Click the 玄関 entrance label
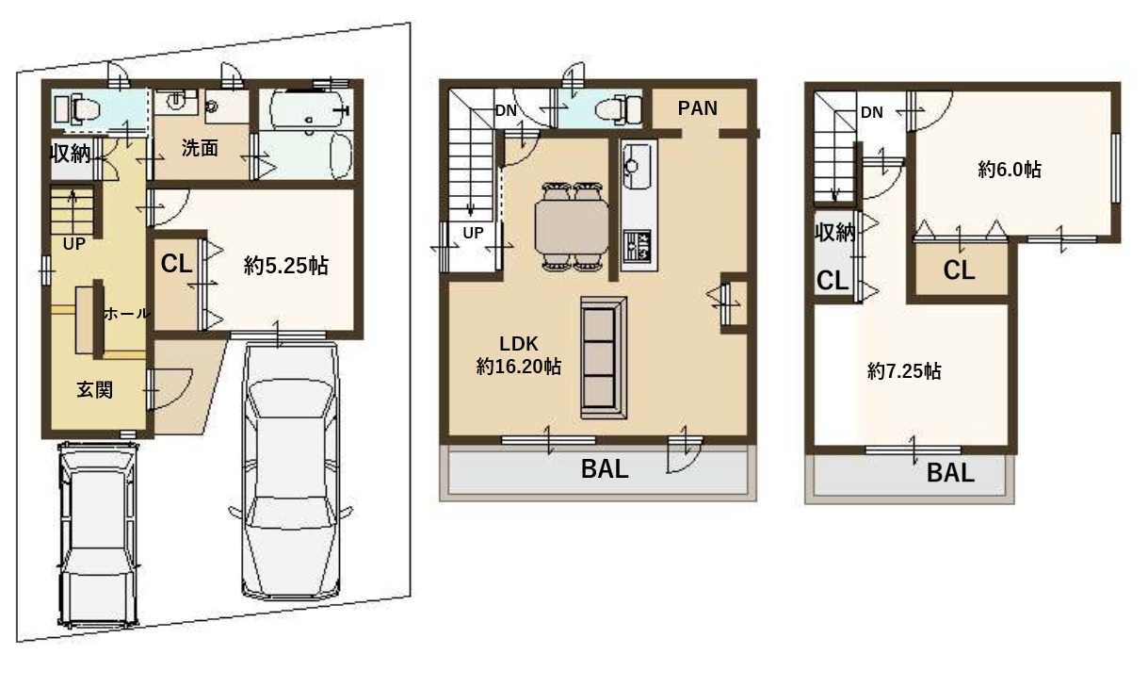coord(95,389)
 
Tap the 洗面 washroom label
coord(200,148)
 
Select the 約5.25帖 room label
coord(286,266)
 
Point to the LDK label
coord(519,343)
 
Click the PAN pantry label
coord(698,107)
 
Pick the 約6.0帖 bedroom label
coord(1010,170)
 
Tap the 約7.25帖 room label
coord(904,370)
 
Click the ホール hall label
coord(126,313)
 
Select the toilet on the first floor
coord(77,109)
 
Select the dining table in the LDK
coord(572,226)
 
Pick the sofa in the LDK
coord(604,357)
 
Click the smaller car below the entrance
coord(98,535)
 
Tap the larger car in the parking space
coord(290,470)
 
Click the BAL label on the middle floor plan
coord(605,469)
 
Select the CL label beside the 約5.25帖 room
coord(176,264)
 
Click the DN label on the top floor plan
coord(872,112)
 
